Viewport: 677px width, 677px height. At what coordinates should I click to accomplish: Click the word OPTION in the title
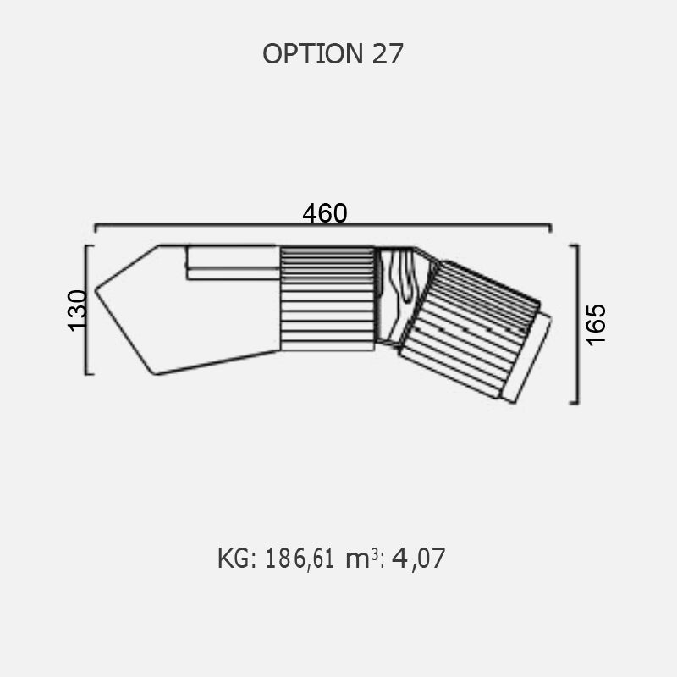tap(313, 54)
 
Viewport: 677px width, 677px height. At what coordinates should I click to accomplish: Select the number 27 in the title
tap(388, 54)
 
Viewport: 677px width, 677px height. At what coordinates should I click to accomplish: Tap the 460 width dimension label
tap(325, 213)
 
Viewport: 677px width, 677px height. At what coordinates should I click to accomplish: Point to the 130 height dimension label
tap(78, 311)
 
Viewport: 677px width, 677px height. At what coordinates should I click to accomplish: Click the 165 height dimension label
tap(596, 325)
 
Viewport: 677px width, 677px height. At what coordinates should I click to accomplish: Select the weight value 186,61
tap(300, 559)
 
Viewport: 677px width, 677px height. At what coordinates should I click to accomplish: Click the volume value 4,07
tap(418, 559)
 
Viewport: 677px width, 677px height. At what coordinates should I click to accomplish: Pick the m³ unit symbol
tap(363, 559)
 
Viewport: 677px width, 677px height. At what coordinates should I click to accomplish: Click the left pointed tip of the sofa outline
tap(96, 290)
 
